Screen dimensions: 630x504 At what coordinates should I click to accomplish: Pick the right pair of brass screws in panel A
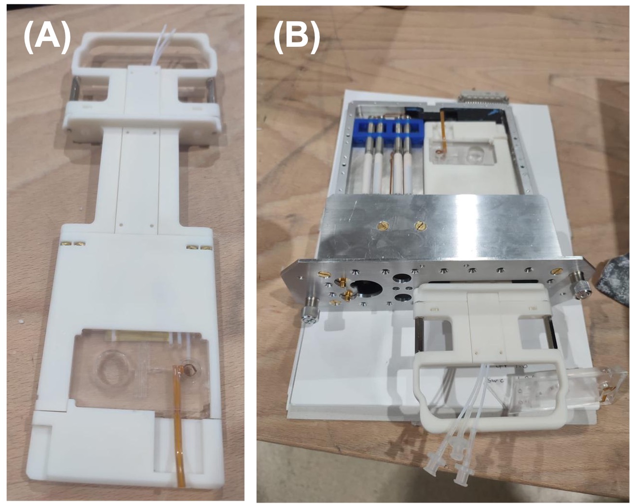tap(199, 247)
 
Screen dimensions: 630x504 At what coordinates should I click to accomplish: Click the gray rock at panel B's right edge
tap(615, 280)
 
